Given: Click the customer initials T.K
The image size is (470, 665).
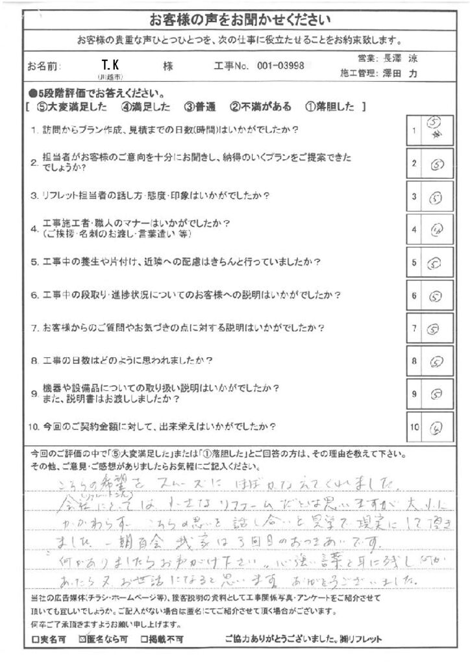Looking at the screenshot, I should [x=109, y=64].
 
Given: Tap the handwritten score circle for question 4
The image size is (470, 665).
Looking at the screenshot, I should [x=436, y=229].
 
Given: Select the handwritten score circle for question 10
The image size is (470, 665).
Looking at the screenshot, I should [x=436, y=428].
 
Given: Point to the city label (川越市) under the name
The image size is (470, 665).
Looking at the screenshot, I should [x=109, y=77].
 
